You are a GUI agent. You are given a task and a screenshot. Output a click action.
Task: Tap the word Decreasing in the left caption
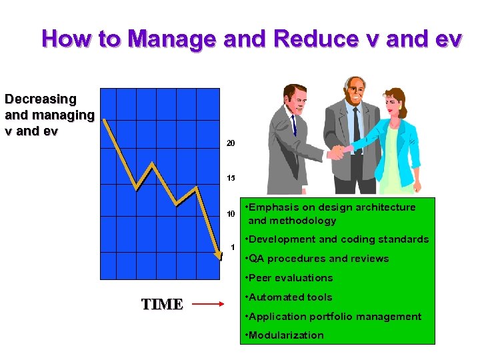(x=41, y=99)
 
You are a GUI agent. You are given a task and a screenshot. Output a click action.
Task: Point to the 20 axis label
(x=231, y=143)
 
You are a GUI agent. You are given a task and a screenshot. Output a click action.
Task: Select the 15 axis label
(x=231, y=179)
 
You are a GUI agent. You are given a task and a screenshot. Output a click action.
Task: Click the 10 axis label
(x=231, y=214)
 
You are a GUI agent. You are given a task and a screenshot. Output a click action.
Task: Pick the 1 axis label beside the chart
(x=233, y=247)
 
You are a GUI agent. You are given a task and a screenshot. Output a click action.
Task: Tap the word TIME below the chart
(x=162, y=305)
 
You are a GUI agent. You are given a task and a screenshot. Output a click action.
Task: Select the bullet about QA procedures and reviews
(x=317, y=259)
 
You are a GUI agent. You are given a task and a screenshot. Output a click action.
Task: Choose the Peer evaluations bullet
(x=289, y=278)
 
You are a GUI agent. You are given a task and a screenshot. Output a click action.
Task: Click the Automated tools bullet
(x=289, y=297)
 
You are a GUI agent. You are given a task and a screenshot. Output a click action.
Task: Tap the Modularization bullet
(x=285, y=335)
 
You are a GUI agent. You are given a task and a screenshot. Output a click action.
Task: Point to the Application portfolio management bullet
(x=333, y=317)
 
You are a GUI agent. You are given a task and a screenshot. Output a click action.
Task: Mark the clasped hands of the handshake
(x=337, y=152)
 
